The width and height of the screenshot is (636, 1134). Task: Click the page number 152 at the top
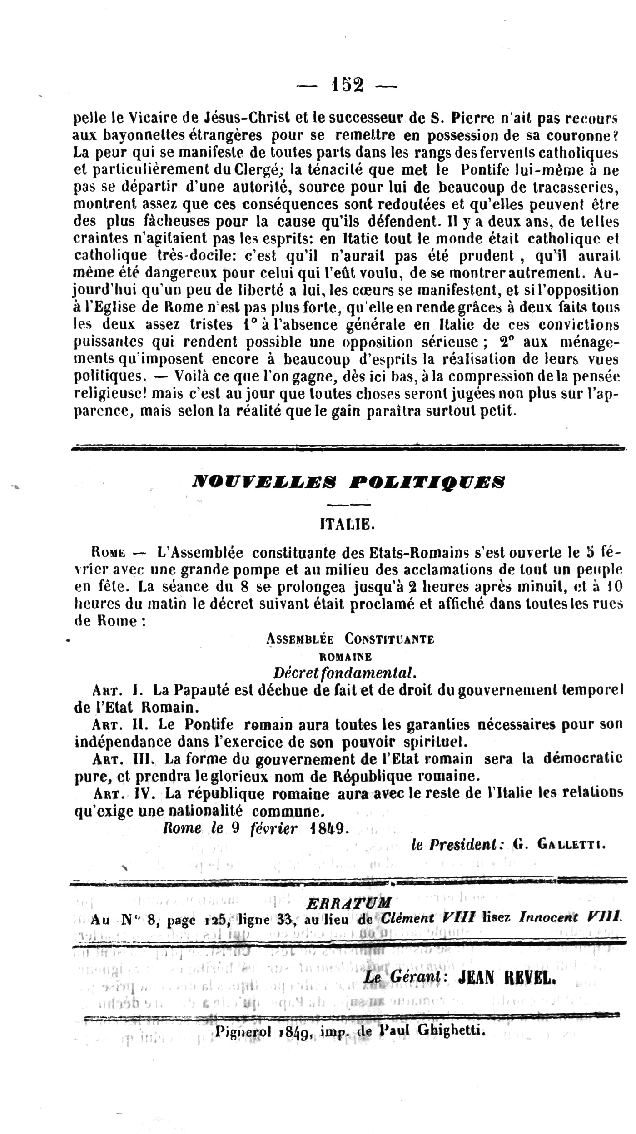pos(347,85)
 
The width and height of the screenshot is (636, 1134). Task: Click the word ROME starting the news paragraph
pos(109,553)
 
